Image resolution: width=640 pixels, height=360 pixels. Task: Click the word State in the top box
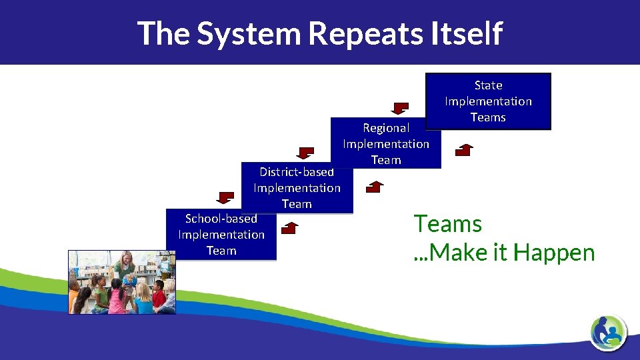pyautogui.click(x=488, y=85)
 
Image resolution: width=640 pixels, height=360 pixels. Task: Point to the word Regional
pyautogui.click(x=386, y=128)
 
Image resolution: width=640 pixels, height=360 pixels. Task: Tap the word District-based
pyautogui.click(x=297, y=171)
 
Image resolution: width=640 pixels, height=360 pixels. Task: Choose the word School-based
pyautogui.click(x=221, y=219)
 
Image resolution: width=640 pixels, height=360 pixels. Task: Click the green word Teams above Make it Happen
pyautogui.click(x=447, y=224)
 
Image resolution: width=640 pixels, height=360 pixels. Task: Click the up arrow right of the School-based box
pyautogui.click(x=290, y=229)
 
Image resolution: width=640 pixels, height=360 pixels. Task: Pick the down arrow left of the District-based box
pyautogui.click(x=226, y=197)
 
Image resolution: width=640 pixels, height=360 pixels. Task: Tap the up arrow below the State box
pyautogui.click(x=464, y=149)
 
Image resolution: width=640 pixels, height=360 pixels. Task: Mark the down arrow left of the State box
pyautogui.click(x=401, y=108)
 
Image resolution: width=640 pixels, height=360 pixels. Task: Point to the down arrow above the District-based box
pyautogui.click(x=305, y=153)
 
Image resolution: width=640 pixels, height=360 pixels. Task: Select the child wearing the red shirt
pyautogui.click(x=159, y=295)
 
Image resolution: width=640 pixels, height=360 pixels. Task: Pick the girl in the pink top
pyautogui.click(x=117, y=299)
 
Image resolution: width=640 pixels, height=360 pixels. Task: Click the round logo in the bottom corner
pyautogui.click(x=608, y=331)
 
